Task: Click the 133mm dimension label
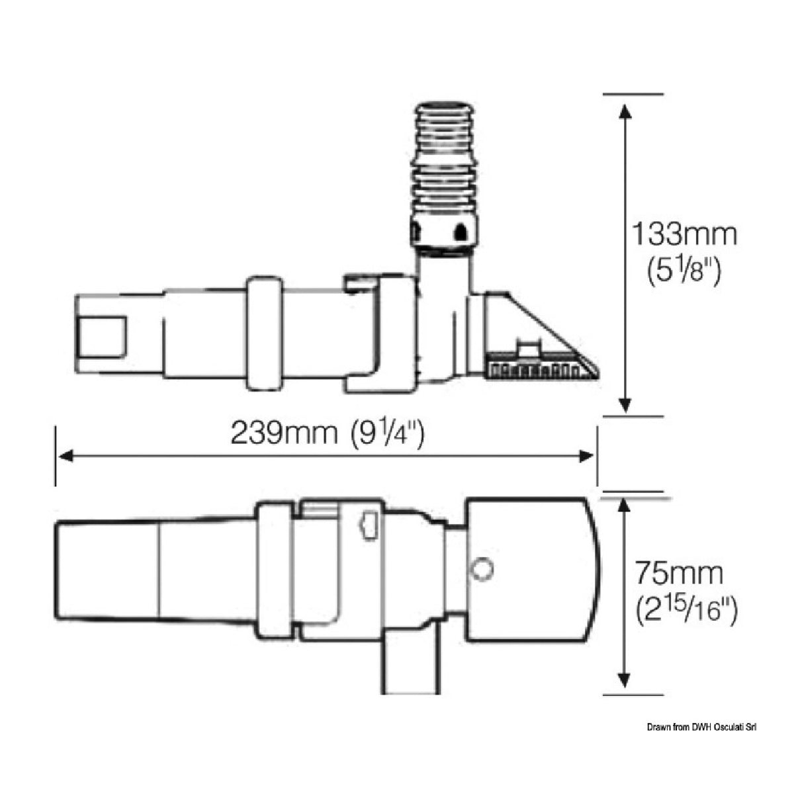684,234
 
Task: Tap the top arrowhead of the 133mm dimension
625,113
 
